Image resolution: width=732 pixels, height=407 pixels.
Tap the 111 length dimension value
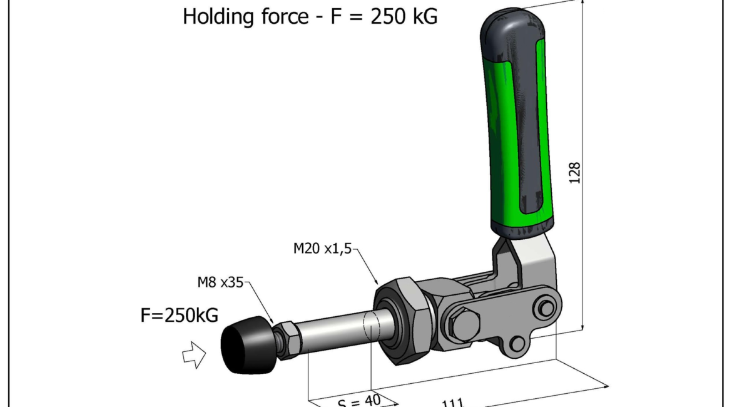pyautogui.click(x=453, y=402)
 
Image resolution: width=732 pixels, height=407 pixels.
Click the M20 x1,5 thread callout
pyautogui.click(x=323, y=249)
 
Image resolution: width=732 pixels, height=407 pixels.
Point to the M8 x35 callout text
pyautogui.click(x=220, y=282)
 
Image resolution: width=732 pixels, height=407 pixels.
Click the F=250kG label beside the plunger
pyautogui.click(x=179, y=316)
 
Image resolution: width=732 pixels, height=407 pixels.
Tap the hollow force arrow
pyautogui.click(x=194, y=356)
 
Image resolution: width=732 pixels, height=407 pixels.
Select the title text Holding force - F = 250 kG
pyautogui.click(x=310, y=17)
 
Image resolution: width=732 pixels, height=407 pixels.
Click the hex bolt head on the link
pyautogui.click(x=464, y=325)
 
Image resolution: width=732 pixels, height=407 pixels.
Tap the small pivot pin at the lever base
pyautogui.click(x=546, y=308)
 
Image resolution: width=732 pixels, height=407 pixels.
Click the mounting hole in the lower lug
pyautogui.click(x=517, y=343)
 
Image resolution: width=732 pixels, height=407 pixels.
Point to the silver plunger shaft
pyautogui.click(x=338, y=332)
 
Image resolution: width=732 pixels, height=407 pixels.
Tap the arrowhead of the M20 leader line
pyautogui.click(x=377, y=282)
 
